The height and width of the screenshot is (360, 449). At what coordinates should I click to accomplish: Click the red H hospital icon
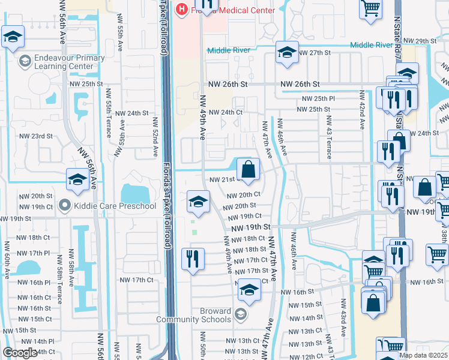point(181,10)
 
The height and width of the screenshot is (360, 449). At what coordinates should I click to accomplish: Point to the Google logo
point(20,353)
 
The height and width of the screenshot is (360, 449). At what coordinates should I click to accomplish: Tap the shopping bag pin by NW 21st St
point(247,170)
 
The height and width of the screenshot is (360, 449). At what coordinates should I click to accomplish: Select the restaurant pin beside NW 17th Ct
point(193,260)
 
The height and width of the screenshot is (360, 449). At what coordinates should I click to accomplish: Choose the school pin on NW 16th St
point(249,292)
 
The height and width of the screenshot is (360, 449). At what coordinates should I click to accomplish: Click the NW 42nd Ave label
point(361,110)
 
